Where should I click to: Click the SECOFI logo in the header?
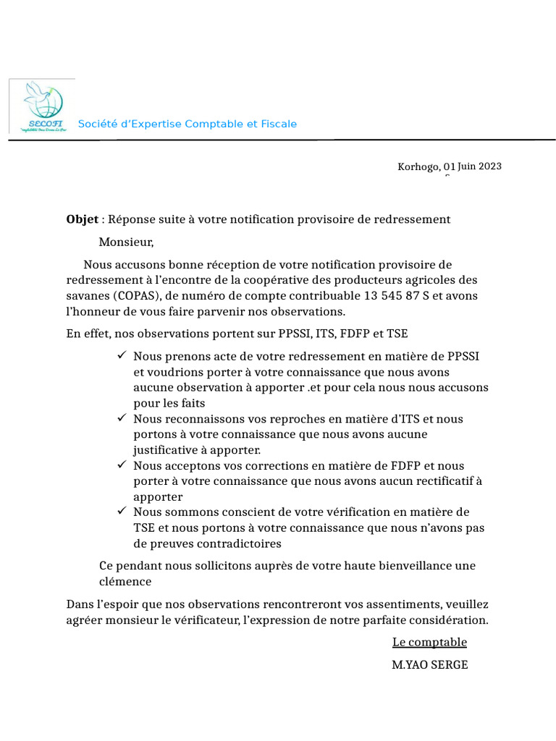coord(43,106)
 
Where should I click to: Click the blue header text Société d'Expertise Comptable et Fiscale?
coord(187,124)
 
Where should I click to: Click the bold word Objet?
coord(82,219)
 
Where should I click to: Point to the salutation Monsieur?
coord(127,242)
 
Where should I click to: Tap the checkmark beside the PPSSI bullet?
coord(121,356)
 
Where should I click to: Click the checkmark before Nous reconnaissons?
coord(121,418)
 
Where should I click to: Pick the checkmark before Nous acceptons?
coord(121,465)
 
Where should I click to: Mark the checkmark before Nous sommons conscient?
coord(121,512)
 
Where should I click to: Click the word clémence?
coord(125,581)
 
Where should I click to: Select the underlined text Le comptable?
coord(429,643)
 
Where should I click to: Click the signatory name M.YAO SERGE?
coord(429,664)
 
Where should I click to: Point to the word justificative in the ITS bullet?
coord(164,450)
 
